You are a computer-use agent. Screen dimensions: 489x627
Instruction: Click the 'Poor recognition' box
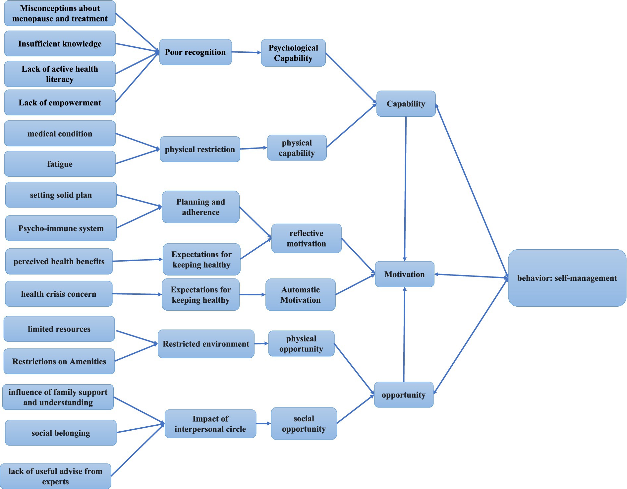[195, 52]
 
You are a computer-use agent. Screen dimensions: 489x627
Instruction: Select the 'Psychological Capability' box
[293, 53]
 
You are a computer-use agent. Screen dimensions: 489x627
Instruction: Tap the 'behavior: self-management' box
[567, 278]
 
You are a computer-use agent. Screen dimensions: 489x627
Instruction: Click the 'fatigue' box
[60, 164]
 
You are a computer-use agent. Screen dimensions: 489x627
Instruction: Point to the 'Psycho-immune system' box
[61, 228]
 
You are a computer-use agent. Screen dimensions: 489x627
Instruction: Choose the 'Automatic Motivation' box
[300, 294]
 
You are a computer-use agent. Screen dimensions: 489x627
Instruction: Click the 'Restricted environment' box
[206, 344]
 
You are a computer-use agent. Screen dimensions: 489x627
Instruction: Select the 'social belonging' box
[61, 433]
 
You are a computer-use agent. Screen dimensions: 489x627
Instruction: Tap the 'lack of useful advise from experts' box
[55, 476]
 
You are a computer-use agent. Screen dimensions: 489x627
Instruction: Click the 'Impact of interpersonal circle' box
[210, 424]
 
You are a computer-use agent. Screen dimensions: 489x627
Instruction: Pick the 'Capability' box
[406, 104]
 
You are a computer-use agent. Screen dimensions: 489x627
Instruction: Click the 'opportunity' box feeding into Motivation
[403, 395]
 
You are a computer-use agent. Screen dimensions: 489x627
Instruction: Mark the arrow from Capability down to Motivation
[405, 189]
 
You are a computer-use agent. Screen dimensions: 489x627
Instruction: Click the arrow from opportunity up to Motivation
[404, 335]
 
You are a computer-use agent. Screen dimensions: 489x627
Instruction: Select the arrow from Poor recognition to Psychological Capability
[246, 52]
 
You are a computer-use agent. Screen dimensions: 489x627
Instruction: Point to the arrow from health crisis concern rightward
[137, 294]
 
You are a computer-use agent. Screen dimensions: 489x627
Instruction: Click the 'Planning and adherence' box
[200, 207]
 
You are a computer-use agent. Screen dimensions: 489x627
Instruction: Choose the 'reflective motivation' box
[306, 238]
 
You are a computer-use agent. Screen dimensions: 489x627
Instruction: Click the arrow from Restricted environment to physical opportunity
[261, 343]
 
